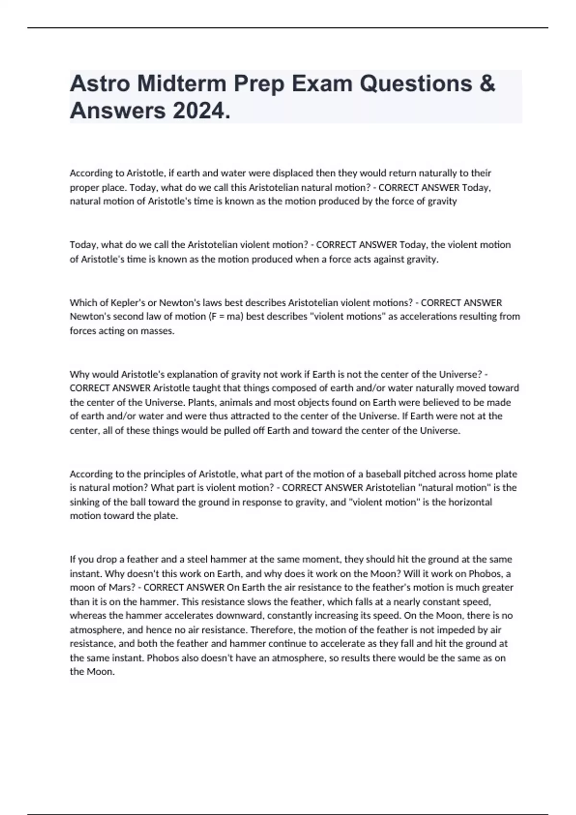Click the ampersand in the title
(487, 84)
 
